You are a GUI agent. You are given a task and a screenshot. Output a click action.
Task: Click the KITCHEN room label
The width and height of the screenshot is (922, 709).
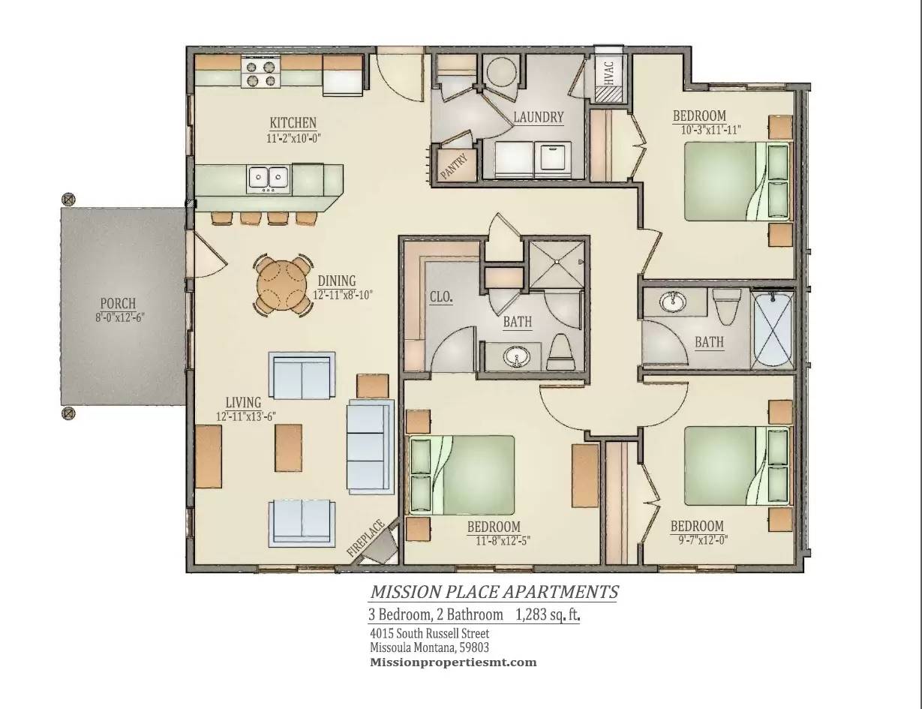click(293, 123)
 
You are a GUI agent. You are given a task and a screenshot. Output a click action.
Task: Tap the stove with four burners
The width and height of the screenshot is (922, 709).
click(260, 72)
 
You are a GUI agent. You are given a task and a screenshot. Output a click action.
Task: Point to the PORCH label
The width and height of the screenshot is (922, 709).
click(118, 304)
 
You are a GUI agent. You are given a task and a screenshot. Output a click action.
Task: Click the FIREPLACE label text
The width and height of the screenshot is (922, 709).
click(367, 538)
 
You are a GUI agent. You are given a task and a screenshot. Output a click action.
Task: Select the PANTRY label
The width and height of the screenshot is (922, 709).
click(455, 166)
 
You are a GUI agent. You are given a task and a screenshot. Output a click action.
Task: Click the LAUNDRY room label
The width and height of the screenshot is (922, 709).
click(538, 117)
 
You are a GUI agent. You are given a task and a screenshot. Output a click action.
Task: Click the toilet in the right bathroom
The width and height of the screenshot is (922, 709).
click(725, 308)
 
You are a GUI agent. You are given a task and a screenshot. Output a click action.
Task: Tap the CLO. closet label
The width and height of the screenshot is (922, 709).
click(441, 297)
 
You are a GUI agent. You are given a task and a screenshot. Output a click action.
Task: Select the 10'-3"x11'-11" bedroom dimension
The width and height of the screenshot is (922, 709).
click(710, 130)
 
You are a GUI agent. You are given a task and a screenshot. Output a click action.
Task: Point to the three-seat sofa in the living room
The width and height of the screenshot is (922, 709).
click(371, 446)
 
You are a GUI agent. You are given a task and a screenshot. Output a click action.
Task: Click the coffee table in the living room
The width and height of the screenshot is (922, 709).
click(289, 446)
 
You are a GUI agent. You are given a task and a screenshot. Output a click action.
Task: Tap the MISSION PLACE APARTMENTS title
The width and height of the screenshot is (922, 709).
click(494, 592)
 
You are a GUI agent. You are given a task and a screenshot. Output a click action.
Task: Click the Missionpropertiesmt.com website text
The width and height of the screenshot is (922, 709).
click(453, 662)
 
